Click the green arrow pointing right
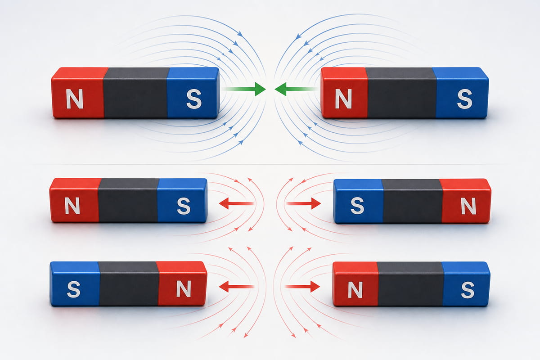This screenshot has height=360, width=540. [x=244, y=89]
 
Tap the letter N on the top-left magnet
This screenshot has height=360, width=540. [x=75, y=99]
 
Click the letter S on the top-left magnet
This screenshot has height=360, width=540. [x=194, y=99]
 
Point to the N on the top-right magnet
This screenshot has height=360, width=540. [x=343, y=99]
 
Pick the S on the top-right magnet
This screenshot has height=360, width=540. [x=464, y=99]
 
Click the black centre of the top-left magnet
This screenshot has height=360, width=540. [x=136, y=93]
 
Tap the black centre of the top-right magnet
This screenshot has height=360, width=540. [x=402, y=93]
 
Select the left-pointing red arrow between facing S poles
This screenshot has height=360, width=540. [x=237, y=203]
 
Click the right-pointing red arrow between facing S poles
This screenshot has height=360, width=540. [x=303, y=203]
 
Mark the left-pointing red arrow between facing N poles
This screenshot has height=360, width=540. [x=237, y=287]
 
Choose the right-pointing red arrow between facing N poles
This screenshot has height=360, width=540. [x=302, y=287]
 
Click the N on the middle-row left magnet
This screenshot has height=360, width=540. [x=72, y=206]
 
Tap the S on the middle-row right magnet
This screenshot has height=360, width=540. [x=357, y=206]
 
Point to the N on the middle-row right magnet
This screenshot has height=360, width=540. [x=468, y=206]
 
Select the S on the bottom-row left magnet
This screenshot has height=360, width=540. [x=73, y=289]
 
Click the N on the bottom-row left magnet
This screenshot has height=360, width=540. [x=184, y=288]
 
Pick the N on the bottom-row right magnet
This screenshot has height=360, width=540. [x=355, y=289]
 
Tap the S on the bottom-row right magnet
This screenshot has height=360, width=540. [x=468, y=289]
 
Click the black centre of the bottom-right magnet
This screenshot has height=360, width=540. [x=410, y=284]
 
